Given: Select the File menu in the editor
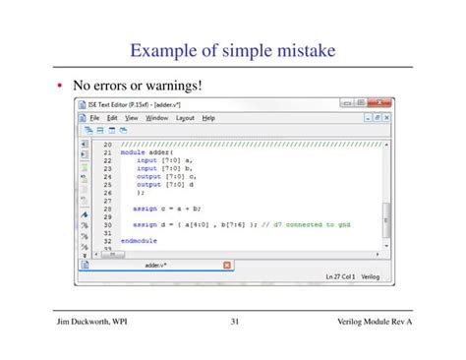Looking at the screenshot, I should [96, 118].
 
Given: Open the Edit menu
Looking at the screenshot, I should [113, 118].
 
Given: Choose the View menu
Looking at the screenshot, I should [131, 118].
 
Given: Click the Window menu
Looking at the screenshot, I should [156, 118].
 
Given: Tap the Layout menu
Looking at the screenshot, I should [185, 118].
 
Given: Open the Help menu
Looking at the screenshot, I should [208, 118].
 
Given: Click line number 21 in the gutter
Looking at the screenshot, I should [107, 153].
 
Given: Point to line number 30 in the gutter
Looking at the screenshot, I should [107, 224].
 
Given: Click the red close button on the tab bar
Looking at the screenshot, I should [227, 266].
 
